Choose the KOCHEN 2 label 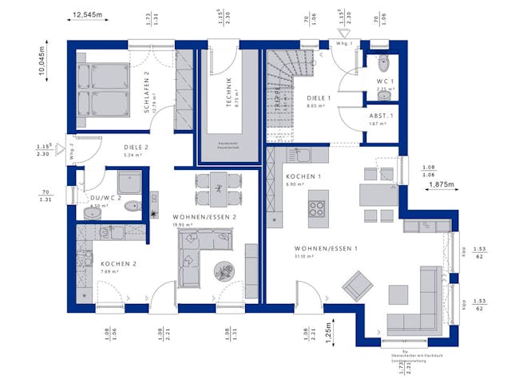[x=118, y=264]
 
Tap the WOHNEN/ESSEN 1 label [x=326, y=248]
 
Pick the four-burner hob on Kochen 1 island [x=317, y=209]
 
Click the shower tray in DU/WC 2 [x=129, y=182]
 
